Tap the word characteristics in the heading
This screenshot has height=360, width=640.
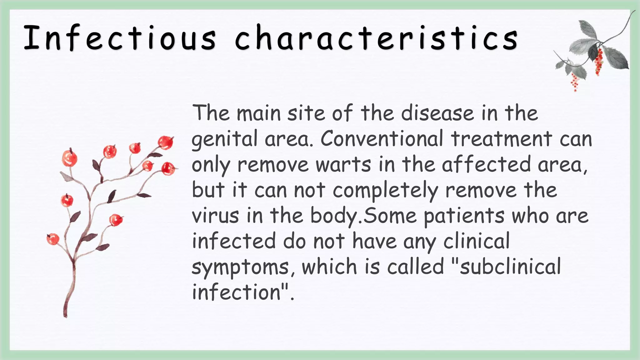click(376, 38)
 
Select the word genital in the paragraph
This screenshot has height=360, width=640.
click(224, 139)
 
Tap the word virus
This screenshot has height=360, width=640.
click(215, 215)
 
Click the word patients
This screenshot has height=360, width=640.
click(464, 216)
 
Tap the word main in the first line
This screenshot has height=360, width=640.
click(258, 113)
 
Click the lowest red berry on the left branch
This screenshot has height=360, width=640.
click(52, 239)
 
